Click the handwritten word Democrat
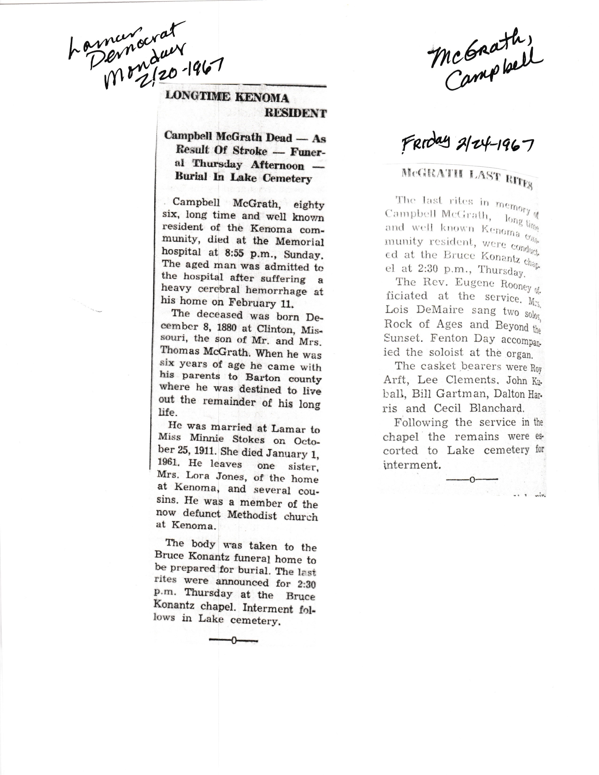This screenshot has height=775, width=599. tap(133, 44)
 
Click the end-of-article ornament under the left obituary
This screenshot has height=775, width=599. tap(233, 640)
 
